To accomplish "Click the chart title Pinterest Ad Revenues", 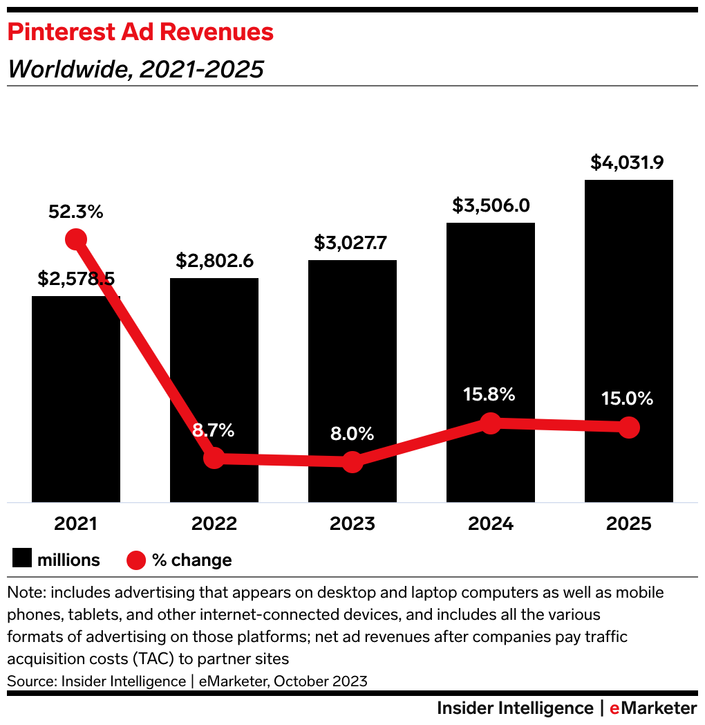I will tap(140, 32).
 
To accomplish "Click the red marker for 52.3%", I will tap(76, 239).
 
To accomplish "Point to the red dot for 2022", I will tap(214, 458).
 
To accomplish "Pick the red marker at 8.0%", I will tap(352, 461).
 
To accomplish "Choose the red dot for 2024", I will tap(490, 423).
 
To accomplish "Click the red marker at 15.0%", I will tap(628, 427).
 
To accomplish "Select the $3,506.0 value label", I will tap(490, 205).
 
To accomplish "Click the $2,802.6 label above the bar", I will tap(214, 261).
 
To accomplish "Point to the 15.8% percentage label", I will tap(490, 394).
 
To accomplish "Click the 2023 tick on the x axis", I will tap(352, 524).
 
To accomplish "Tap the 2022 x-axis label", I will tap(214, 524).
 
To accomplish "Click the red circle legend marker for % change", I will tap(136, 560).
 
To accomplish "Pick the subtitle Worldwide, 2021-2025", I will tap(135, 69).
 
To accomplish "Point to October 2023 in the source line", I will tap(320, 681).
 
